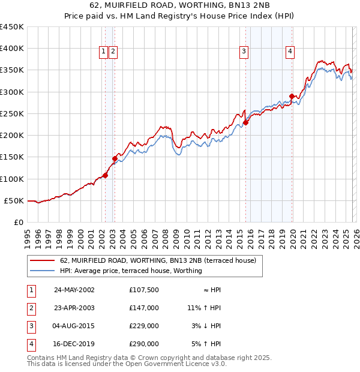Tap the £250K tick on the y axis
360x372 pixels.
click(12, 113)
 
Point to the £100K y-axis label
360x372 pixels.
click(12, 179)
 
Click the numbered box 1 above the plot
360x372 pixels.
click(104, 52)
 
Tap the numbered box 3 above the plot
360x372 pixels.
click(244, 52)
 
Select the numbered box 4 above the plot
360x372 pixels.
click(290, 52)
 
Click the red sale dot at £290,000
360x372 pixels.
click(292, 96)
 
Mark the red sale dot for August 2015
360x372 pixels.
click(246, 122)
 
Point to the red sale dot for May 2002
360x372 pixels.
click(105, 175)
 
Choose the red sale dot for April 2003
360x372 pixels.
click(115, 158)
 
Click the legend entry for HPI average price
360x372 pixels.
click(131, 271)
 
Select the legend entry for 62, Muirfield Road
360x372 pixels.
click(158, 260)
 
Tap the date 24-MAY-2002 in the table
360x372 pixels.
click(74, 290)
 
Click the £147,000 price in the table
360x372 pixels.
click(144, 308)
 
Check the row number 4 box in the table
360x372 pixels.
click(29, 344)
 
